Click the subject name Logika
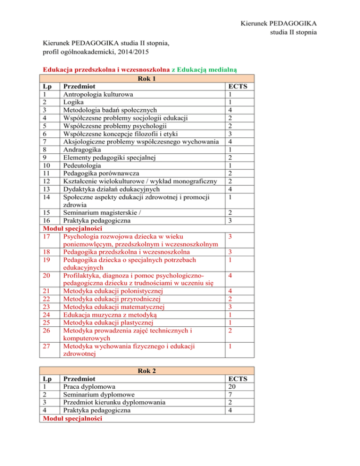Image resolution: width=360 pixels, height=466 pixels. click(x=72, y=102)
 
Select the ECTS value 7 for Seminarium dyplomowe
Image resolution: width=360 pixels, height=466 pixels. click(x=229, y=395)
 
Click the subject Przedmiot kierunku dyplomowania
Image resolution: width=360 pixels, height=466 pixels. click(x=114, y=403)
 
